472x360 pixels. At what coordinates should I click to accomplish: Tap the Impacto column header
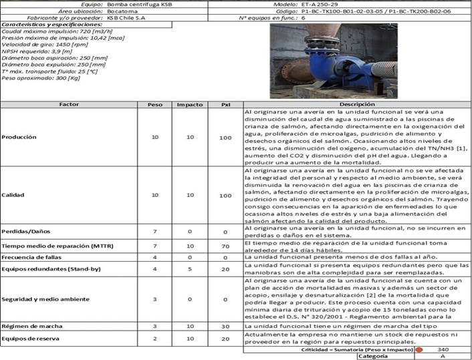pos(190,105)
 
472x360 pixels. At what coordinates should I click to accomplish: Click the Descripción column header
pos(356,105)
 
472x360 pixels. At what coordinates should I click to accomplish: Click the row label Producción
pos(20,136)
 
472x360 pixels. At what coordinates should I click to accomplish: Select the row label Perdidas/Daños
pos(26,231)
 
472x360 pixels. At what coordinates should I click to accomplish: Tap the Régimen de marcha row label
pos(31,325)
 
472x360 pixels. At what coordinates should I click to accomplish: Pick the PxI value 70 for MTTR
pos(225,246)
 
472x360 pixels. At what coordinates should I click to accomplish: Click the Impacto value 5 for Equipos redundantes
pos(190,268)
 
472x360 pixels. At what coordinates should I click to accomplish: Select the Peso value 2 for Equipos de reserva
pos(154,338)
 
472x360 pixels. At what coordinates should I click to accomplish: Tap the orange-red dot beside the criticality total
pos(420,349)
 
